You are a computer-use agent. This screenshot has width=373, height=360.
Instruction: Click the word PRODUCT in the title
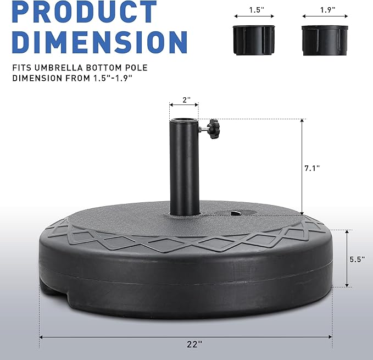click(84, 12)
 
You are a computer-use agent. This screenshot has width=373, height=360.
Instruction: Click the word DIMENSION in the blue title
click(99, 42)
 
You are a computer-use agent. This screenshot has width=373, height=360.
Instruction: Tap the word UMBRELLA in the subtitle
click(59, 68)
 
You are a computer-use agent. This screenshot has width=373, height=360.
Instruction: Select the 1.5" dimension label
click(257, 10)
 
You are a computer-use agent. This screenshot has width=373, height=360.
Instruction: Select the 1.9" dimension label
click(327, 10)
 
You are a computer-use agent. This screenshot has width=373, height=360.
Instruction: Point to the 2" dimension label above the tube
click(187, 100)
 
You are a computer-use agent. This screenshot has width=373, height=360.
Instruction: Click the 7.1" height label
click(312, 168)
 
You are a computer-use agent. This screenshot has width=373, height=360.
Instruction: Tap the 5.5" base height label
click(357, 259)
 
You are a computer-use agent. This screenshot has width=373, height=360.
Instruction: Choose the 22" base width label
click(194, 344)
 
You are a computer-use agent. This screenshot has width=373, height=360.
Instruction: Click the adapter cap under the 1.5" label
click(254, 40)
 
